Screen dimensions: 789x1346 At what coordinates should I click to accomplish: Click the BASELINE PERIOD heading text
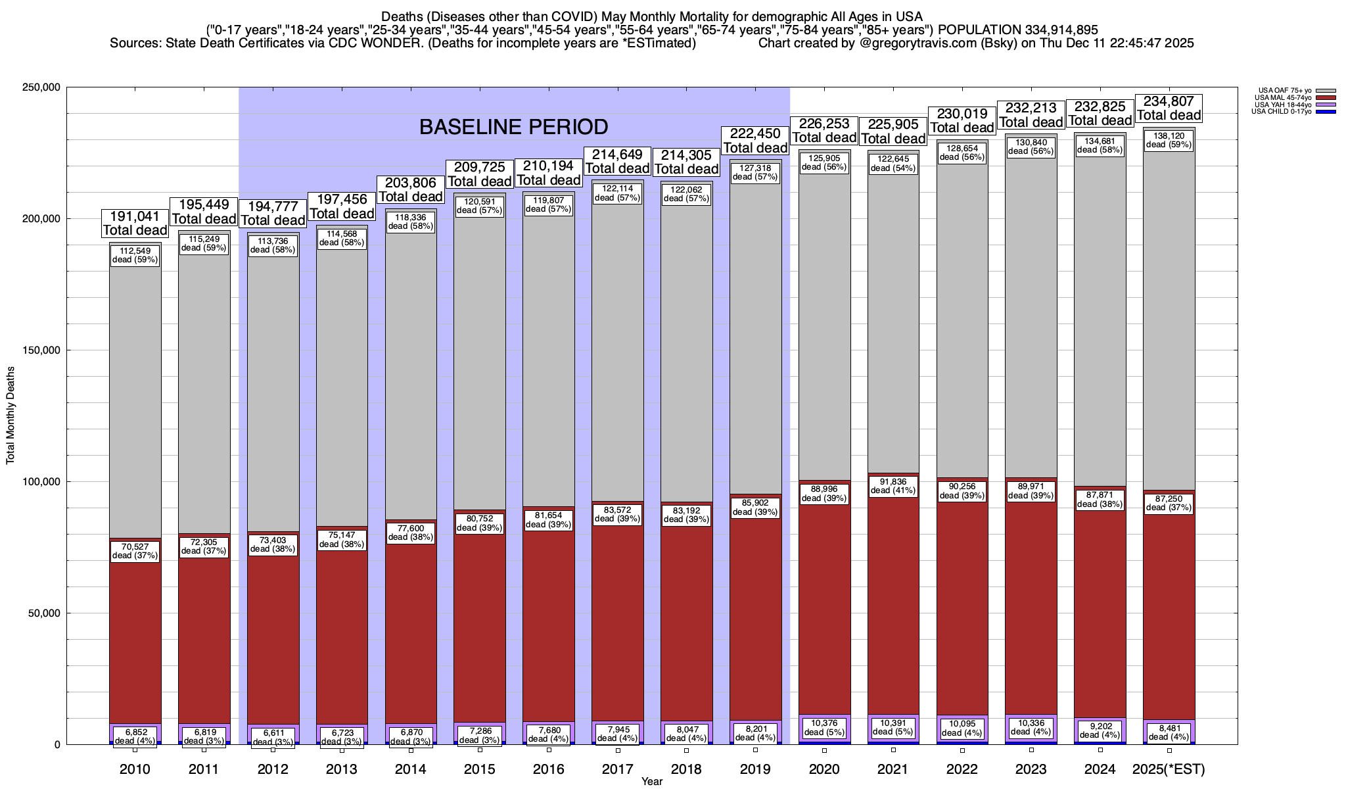click(x=513, y=126)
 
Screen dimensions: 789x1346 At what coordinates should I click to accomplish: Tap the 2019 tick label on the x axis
click(x=755, y=769)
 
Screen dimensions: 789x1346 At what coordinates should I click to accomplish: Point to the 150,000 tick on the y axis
click(x=41, y=350)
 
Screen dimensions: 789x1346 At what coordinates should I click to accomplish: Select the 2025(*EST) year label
click(x=1169, y=769)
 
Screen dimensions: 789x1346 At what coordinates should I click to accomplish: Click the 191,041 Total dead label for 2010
click(x=135, y=223)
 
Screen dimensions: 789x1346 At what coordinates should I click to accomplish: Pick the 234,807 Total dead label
click(x=1169, y=108)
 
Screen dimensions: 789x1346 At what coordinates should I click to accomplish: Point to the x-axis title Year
click(x=652, y=782)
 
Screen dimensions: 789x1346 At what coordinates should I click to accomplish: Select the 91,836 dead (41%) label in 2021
click(x=893, y=486)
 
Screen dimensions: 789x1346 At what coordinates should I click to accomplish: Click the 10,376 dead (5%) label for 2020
click(x=824, y=727)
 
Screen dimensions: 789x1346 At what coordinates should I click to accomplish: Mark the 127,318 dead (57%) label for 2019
click(x=755, y=172)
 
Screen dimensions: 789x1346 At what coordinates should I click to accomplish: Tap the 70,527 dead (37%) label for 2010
click(x=135, y=550)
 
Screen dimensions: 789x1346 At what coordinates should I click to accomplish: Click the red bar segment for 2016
click(x=549, y=625)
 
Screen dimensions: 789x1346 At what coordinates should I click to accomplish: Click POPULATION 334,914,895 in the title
click(x=1017, y=30)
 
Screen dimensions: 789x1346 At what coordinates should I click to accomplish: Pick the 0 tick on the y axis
click(x=57, y=745)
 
